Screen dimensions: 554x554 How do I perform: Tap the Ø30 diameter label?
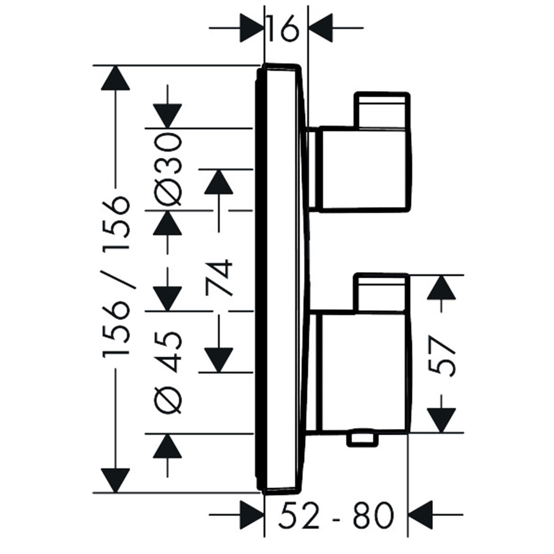pos(167,169)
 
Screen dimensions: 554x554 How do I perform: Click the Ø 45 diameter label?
pos(167,372)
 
